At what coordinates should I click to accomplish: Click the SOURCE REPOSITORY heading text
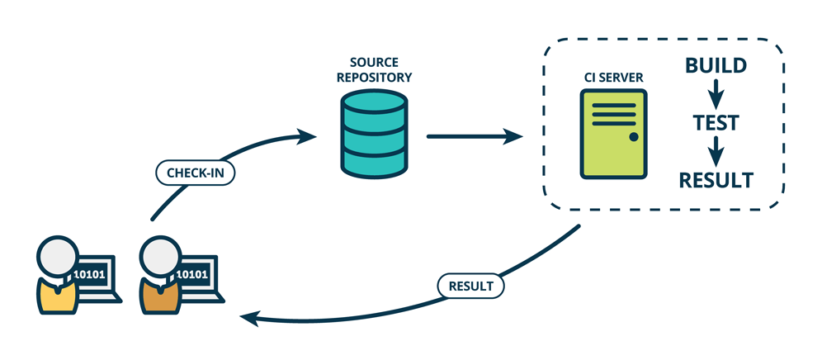click(x=374, y=70)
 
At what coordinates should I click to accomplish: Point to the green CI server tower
click(x=613, y=134)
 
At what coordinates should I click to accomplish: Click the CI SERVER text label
click(x=613, y=78)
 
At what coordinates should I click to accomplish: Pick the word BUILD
click(x=716, y=65)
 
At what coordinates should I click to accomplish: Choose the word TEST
click(x=715, y=123)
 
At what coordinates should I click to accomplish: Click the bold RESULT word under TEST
click(x=716, y=179)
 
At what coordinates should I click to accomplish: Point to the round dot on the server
click(x=633, y=136)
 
